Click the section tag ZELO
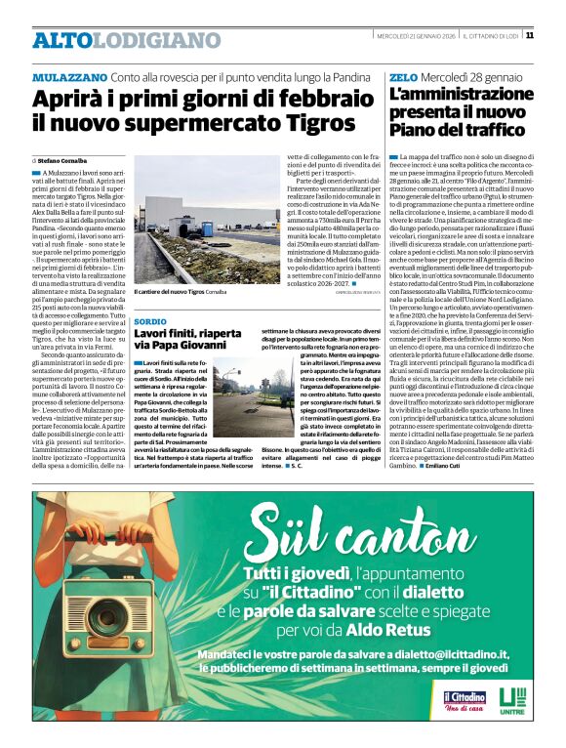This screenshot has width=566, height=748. pyautogui.click(x=401, y=76)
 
